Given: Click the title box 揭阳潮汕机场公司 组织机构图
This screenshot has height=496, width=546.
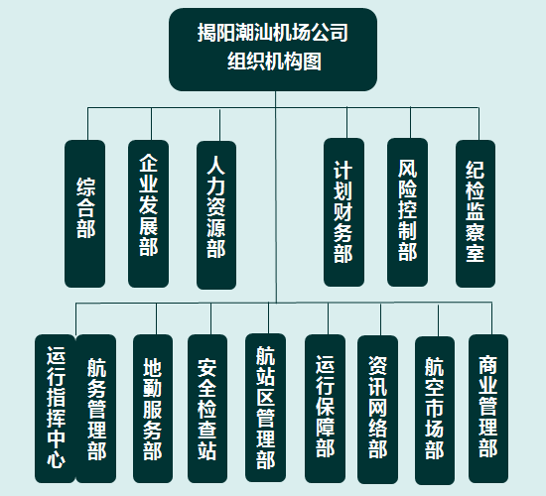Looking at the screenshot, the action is tap(273, 50).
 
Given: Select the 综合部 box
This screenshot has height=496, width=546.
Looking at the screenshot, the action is tap(85, 213).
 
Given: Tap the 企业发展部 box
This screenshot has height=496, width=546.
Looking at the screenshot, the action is tap(148, 213).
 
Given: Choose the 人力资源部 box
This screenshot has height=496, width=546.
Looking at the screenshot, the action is tap(216, 215).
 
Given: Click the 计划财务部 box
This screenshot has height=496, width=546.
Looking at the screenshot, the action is tap(343, 212).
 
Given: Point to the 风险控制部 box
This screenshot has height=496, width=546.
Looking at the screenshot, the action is tap(407, 212).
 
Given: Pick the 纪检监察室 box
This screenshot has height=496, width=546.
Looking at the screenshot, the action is tap(476, 213).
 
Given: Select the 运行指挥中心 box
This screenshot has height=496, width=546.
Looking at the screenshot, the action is tap(55, 409).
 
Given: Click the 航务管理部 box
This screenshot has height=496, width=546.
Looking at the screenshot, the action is tap(96, 409).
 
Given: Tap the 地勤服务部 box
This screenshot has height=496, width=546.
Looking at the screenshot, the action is tap(153, 409).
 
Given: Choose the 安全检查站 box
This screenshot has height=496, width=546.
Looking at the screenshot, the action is tap(207, 409).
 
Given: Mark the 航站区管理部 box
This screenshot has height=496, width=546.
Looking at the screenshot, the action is tap(266, 408).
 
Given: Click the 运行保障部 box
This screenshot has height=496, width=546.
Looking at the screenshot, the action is tap(326, 409).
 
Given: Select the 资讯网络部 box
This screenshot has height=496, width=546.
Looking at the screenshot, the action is tap(378, 410).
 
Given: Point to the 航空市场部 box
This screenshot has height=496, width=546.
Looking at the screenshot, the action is tap(435, 411).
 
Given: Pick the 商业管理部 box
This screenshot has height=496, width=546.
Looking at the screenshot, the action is tap(488, 409).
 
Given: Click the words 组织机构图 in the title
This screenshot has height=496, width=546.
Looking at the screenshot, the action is tap(274, 62).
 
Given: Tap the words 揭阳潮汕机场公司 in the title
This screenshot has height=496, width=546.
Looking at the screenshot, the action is tap(273, 33).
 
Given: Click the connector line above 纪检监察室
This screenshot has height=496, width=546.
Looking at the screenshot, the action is tap(478, 124).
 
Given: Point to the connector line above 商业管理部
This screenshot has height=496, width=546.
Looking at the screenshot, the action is tap(491, 318).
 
